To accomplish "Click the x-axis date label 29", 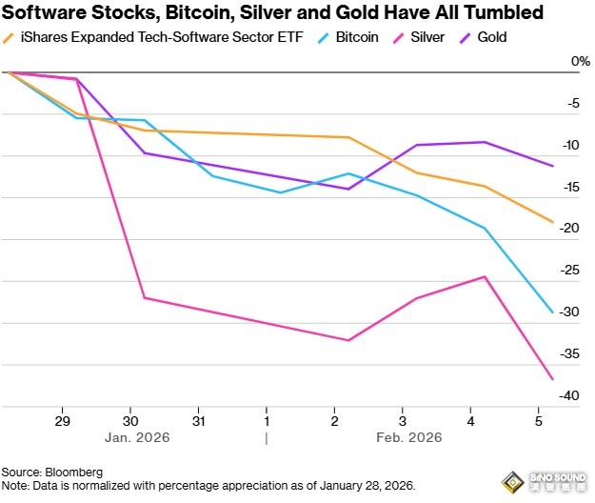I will [x=64, y=420].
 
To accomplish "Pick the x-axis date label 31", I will [x=199, y=420].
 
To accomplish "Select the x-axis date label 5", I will [x=539, y=420].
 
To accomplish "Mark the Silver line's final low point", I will [x=553, y=379].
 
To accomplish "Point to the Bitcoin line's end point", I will [x=553, y=312].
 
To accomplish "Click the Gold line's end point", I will [x=553, y=166].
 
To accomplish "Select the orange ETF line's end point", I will [x=553, y=222].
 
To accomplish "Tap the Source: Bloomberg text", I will [x=51, y=473].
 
